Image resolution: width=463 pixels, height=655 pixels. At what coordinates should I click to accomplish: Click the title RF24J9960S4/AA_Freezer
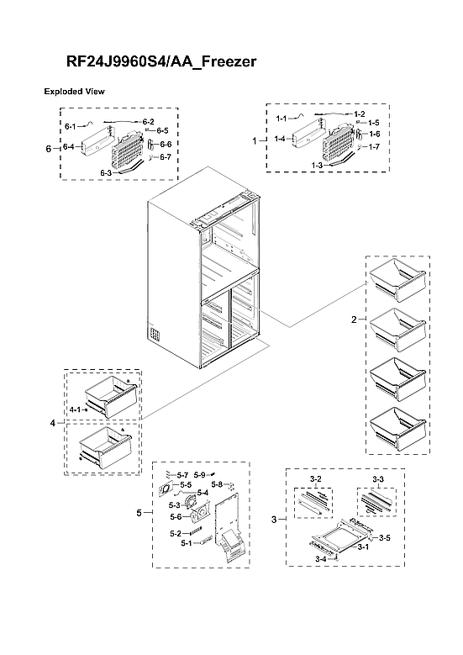161,62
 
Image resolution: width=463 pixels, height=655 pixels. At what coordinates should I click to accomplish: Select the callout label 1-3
317,165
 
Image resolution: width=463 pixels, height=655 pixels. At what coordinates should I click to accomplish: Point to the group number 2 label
354,319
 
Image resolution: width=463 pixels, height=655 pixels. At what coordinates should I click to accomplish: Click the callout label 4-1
75,409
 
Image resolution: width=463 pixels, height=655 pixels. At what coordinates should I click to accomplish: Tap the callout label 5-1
187,543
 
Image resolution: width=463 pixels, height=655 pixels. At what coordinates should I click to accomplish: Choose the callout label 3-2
316,478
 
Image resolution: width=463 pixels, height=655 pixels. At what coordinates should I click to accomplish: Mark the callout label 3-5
384,537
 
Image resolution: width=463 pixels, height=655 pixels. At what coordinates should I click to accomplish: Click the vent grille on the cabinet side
154,336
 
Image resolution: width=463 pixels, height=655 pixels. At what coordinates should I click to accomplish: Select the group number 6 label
47,147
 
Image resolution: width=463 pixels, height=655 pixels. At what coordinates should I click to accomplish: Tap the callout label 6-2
148,122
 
